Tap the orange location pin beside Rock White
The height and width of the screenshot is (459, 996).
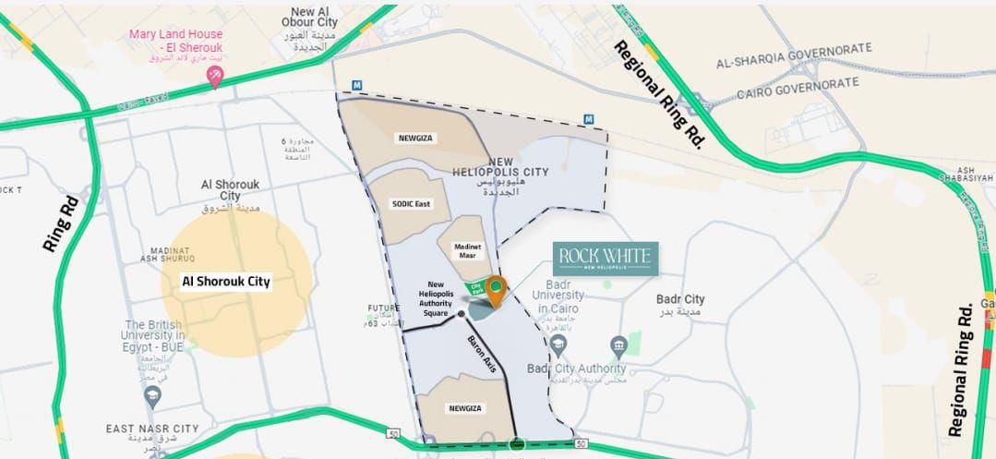[496, 290]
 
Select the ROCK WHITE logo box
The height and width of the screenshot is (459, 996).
[606, 258]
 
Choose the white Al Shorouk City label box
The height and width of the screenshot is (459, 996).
[226, 282]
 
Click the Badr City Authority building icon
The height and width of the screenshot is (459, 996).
[619, 347]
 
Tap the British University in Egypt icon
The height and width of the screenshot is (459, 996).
[152, 396]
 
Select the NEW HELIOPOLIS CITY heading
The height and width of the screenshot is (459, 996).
[500, 172]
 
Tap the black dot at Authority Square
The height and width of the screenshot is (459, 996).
[462, 314]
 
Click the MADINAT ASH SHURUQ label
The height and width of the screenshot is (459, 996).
[183, 254]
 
